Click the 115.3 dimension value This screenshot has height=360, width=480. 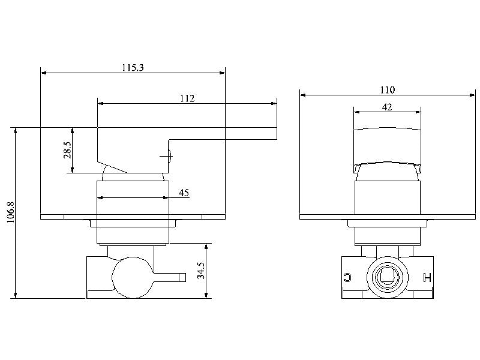[133, 68]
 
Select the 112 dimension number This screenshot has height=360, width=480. [187, 98]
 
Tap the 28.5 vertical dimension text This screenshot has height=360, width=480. [68, 150]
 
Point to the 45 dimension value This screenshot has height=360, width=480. [184, 193]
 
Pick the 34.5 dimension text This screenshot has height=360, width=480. [202, 271]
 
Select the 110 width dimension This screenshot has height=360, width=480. [388, 90]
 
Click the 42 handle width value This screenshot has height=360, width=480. [387, 107]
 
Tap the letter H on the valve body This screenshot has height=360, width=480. [427, 277]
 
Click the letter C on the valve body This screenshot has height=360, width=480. [347, 277]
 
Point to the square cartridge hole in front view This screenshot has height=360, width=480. [387, 277]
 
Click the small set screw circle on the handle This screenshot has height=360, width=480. [170, 157]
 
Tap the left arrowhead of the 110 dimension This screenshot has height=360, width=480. [303, 95]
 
